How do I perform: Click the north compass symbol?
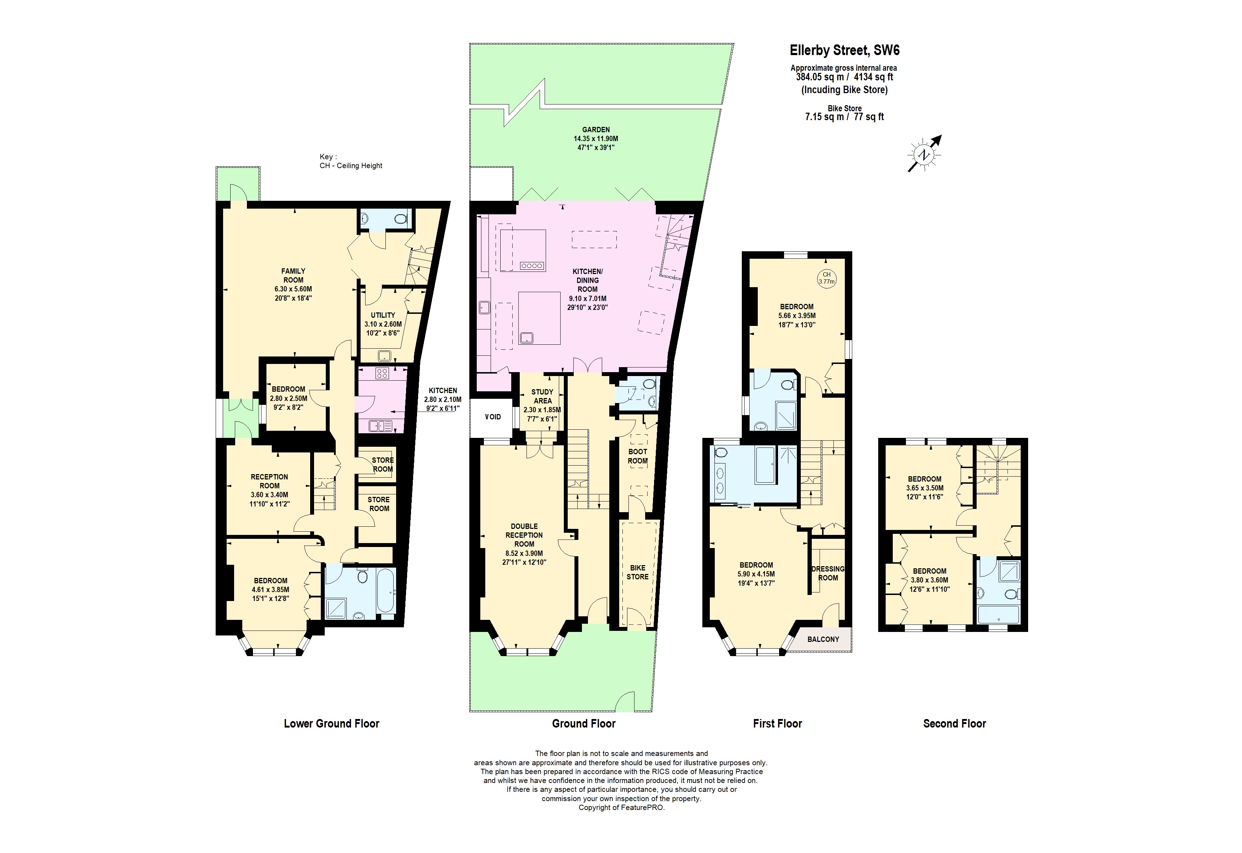(x=923, y=155)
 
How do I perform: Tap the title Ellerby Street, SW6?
(x=844, y=50)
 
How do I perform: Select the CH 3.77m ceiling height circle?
(x=826, y=278)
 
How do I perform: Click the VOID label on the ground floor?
(x=493, y=417)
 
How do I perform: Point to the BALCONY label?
(x=823, y=639)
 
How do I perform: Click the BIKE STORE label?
(x=638, y=572)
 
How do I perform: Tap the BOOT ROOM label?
(x=638, y=456)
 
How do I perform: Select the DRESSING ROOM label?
(x=828, y=573)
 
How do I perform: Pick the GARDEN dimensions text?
(x=596, y=143)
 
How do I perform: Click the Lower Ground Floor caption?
(x=331, y=724)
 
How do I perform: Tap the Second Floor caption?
(x=955, y=724)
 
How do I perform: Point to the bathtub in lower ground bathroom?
(x=385, y=591)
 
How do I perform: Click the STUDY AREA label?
(x=542, y=396)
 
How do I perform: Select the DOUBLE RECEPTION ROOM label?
(x=524, y=535)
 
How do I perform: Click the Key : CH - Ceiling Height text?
(x=351, y=161)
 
